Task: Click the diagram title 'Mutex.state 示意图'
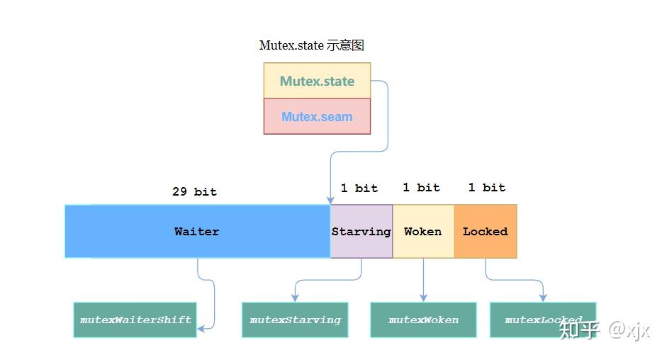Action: coord(311,45)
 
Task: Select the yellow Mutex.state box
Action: coord(317,81)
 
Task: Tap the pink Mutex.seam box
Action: coord(317,116)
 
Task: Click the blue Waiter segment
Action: coord(197,231)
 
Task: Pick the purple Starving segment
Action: coord(361,231)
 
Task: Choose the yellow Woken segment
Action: coord(423,231)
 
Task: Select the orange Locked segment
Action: coord(486,231)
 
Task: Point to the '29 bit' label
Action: coord(194,191)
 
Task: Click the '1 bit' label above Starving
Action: coord(359,188)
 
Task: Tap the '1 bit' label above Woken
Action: coord(421,187)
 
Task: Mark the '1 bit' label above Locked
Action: coord(486,187)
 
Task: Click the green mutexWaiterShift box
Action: coord(135,320)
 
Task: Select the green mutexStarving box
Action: coord(295,320)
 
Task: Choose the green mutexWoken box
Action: coord(423,320)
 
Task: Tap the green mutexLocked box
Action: coord(543,320)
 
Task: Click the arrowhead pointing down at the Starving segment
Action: coord(330,201)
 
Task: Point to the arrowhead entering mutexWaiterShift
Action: coord(201,328)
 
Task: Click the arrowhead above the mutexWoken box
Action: coord(423,298)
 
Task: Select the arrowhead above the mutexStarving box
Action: coord(294,298)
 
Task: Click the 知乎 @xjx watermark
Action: coord(604,330)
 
